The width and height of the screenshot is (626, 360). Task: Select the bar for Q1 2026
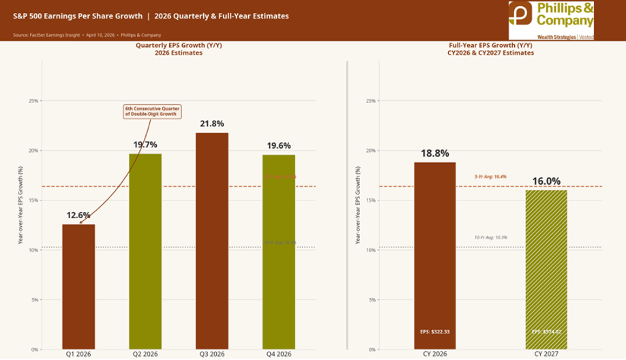78,286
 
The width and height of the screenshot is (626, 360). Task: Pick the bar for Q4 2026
279,252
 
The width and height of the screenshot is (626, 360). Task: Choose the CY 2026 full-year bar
435,256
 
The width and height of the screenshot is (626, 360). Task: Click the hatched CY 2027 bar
546,269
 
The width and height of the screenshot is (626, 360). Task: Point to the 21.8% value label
212,124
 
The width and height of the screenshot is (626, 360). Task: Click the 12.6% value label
78,215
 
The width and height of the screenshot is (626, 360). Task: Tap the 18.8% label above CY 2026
435,154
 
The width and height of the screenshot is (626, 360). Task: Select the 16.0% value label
546,181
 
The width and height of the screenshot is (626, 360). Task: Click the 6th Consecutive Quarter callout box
151,111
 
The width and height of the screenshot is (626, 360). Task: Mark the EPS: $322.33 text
435,332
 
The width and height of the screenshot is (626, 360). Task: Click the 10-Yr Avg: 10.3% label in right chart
490,237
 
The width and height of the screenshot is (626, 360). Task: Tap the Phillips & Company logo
551,20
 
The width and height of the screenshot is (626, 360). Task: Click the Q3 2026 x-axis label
212,355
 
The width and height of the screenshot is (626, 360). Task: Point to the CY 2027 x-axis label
546,355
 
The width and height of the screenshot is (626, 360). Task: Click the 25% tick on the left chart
33,101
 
